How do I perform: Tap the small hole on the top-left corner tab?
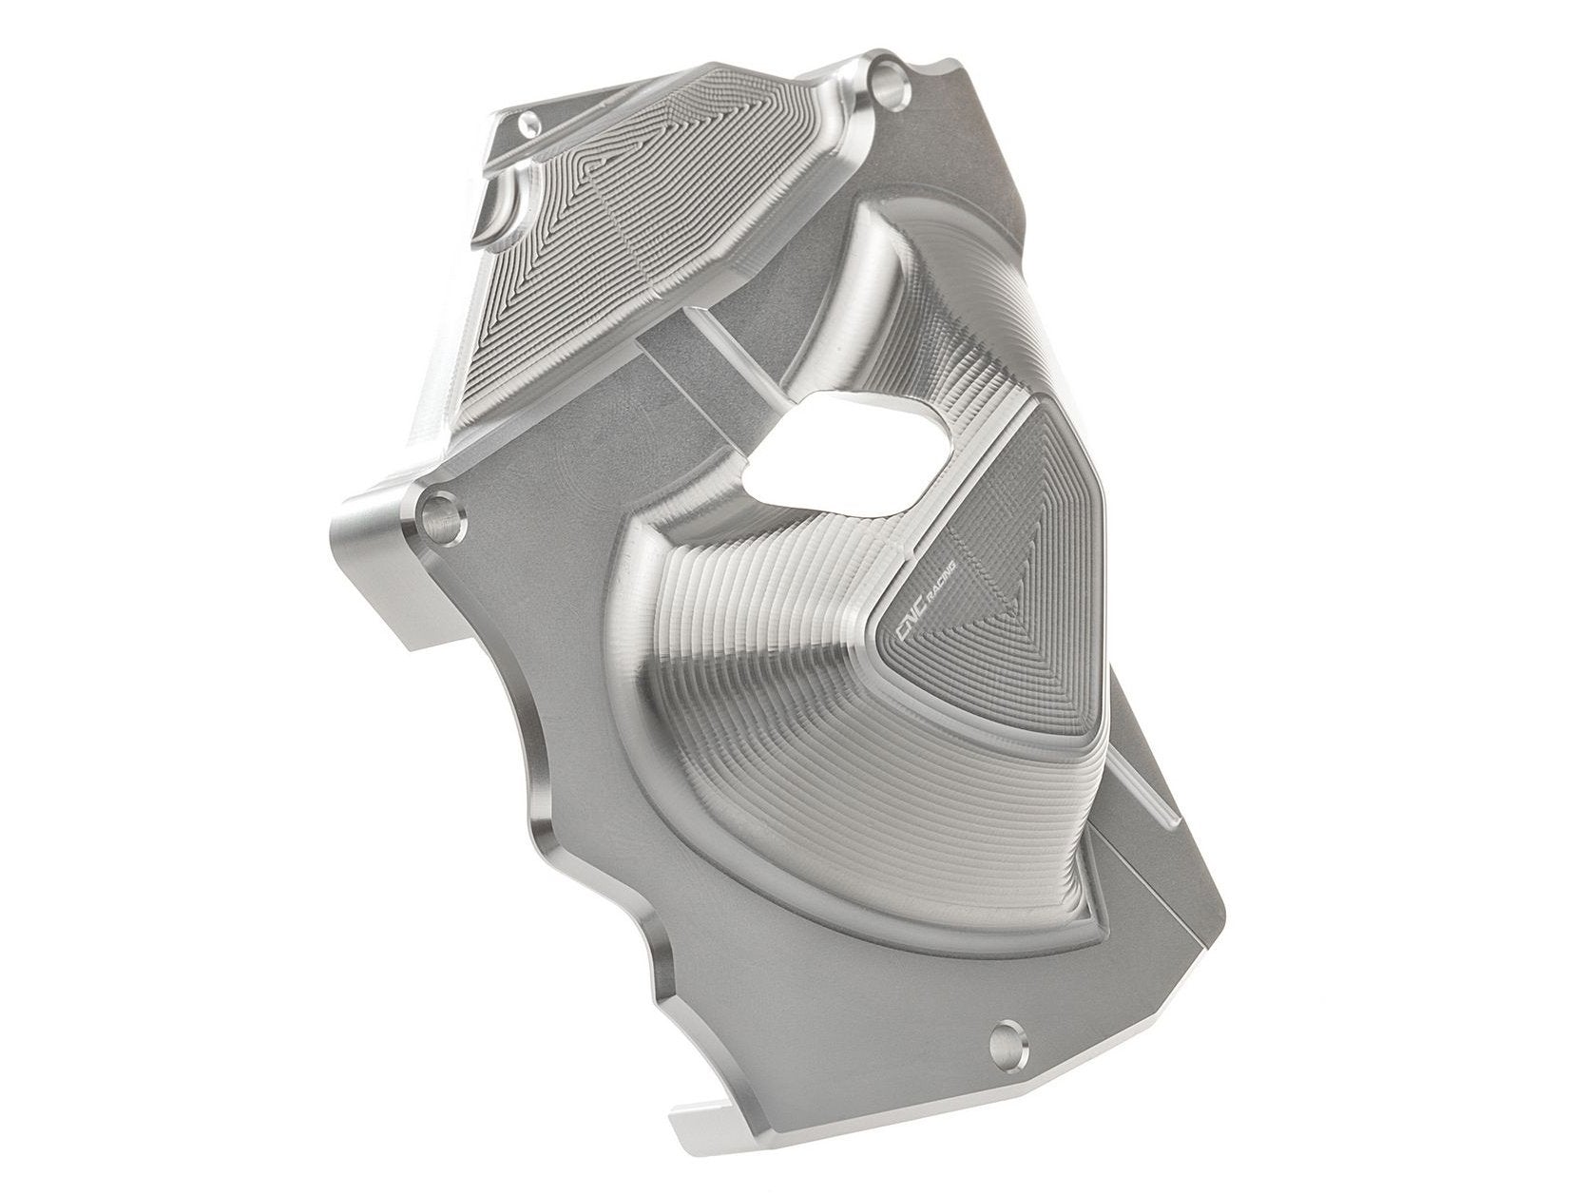point(529,121)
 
